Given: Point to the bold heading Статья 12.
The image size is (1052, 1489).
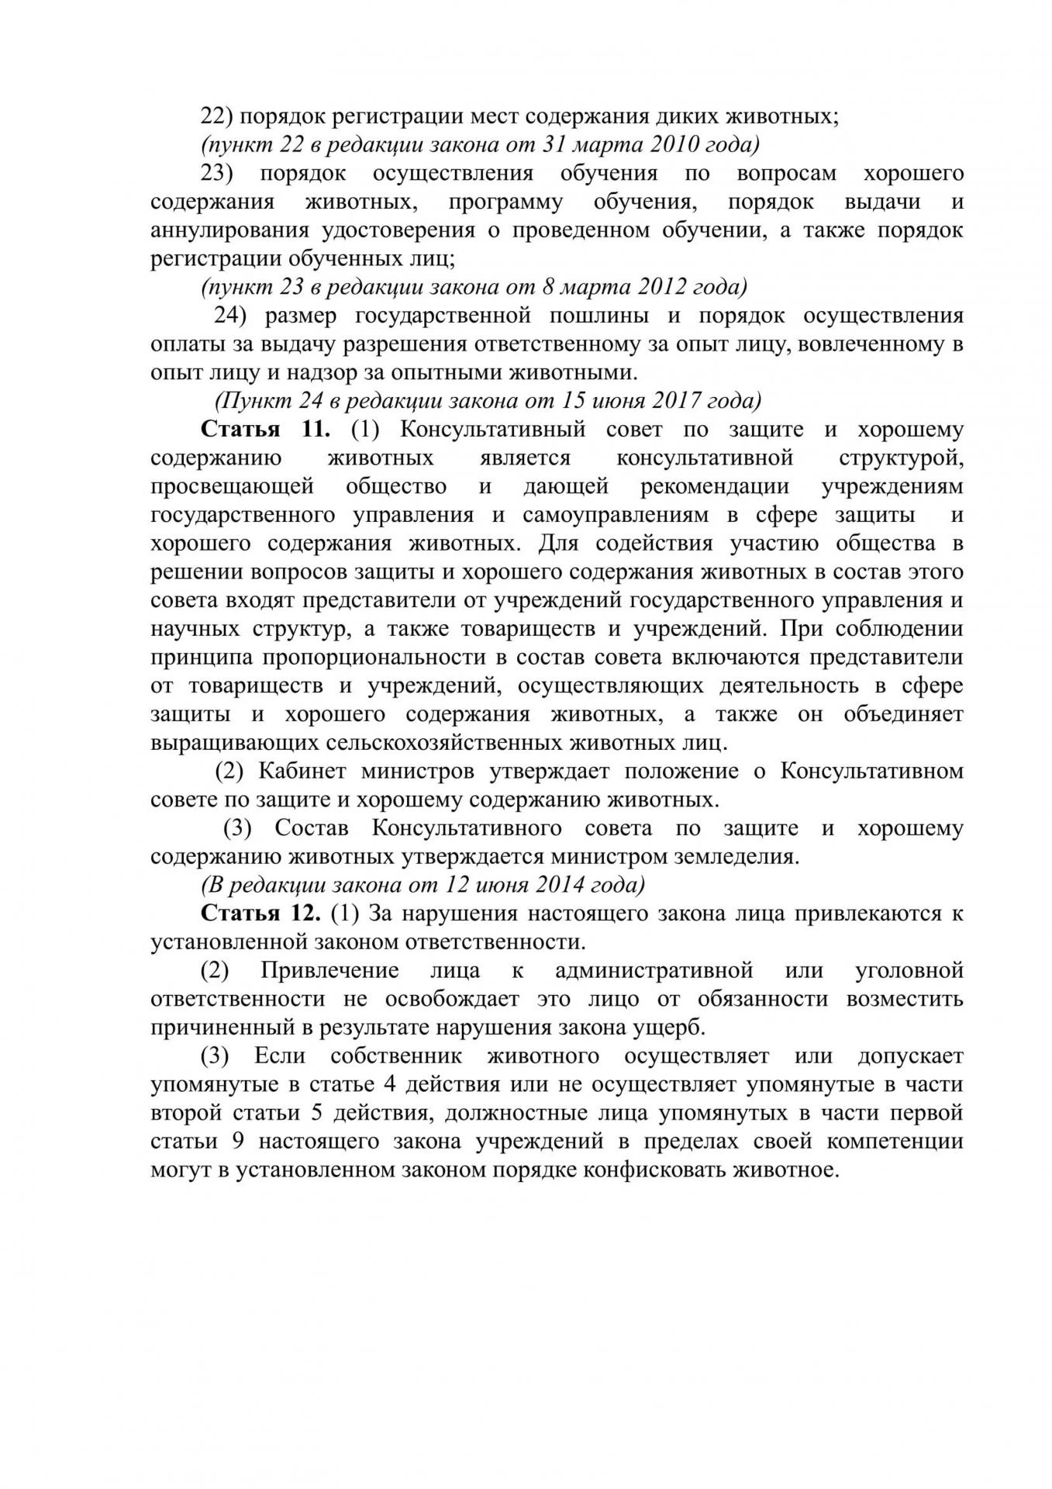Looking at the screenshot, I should [x=260, y=913].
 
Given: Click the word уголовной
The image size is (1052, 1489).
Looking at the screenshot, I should [x=909, y=970].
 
